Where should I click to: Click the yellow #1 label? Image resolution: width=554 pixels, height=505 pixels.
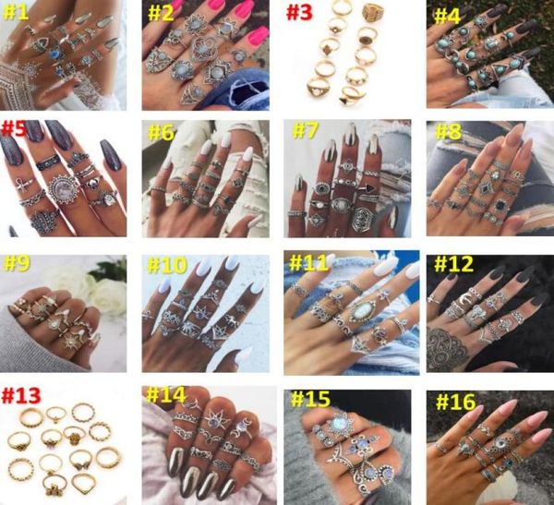click(x=16, y=13)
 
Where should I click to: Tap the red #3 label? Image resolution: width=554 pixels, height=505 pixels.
click(x=299, y=13)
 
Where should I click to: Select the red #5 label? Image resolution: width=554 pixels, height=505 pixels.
click(x=14, y=128)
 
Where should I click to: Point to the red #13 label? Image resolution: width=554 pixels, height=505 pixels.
click(x=21, y=395)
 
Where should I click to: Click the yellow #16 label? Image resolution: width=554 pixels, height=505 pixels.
click(x=456, y=402)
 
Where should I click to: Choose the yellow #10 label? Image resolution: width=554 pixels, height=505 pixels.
click(x=167, y=265)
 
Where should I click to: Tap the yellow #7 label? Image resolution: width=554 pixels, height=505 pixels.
click(x=306, y=130)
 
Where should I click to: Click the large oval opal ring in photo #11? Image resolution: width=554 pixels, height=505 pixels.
click(x=360, y=310)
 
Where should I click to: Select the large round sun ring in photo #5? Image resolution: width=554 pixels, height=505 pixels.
click(x=65, y=189)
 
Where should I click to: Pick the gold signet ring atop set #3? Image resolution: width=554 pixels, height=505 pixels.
click(x=371, y=12)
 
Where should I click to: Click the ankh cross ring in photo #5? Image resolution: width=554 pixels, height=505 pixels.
click(x=23, y=184)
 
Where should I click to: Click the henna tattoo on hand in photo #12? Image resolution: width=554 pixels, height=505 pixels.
click(x=447, y=347)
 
